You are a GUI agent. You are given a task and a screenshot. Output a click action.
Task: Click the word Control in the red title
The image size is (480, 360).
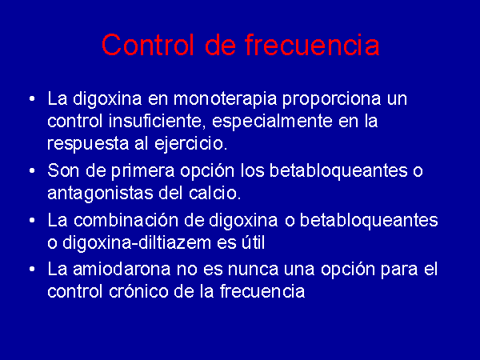pyautogui.click(x=148, y=45)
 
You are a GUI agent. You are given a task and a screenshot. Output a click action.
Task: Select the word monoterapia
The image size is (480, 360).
pyautogui.click(x=225, y=99)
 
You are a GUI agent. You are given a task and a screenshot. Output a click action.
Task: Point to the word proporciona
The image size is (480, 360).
pyautogui.click(x=331, y=100)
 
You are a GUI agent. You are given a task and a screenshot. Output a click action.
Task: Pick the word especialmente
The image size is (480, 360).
pyautogui.click(x=272, y=122)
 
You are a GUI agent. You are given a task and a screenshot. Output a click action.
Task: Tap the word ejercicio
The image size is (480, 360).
pyautogui.click(x=190, y=144)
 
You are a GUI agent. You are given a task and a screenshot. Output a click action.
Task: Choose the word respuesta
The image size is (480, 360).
pyautogui.click(x=88, y=144)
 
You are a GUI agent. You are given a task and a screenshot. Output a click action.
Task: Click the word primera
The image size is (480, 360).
pyautogui.click(x=142, y=171)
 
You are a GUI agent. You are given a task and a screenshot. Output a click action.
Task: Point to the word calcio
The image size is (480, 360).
pyautogui.click(x=214, y=193)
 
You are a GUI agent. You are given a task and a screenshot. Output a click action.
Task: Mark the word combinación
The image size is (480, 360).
pyautogui.click(x=138, y=220)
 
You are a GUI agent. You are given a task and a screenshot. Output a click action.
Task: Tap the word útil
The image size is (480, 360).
pyautogui.click(x=253, y=242)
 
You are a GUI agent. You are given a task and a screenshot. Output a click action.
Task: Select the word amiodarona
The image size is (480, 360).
pyautogui.click(x=122, y=270)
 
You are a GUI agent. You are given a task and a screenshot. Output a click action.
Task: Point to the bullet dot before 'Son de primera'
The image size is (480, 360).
pyautogui.click(x=32, y=171)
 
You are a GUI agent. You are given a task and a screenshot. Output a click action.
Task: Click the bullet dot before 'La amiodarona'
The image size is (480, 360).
pyautogui.click(x=32, y=270)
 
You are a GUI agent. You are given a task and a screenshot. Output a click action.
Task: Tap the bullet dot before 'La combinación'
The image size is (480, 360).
pyautogui.click(x=32, y=221)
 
